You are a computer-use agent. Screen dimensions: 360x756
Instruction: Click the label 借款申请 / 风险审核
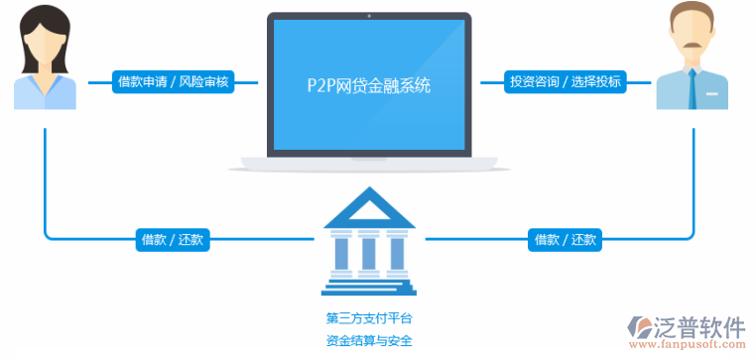click(173, 82)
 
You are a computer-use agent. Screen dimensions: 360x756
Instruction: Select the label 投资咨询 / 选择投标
click(565, 82)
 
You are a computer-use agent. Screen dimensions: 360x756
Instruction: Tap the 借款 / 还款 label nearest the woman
click(173, 239)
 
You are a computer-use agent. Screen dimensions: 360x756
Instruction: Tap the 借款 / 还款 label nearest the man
click(566, 239)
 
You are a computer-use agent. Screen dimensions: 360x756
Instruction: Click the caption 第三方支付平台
click(368, 319)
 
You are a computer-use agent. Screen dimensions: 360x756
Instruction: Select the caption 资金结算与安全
click(368, 342)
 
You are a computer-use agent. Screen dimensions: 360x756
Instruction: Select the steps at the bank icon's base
click(368, 287)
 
